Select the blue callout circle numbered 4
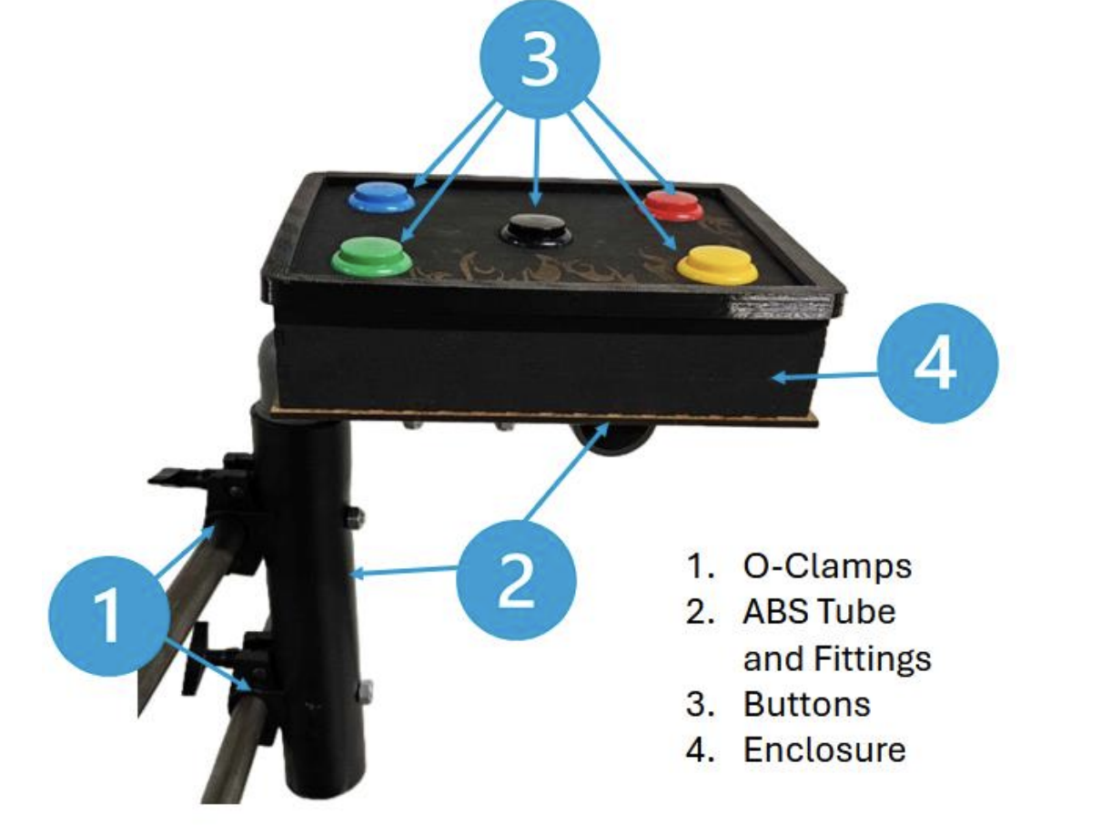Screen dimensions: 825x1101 pos(937,363)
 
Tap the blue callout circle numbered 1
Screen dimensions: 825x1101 pos(107,613)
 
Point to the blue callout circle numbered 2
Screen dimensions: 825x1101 pos(516,579)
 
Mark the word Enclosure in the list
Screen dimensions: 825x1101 pos(824,749)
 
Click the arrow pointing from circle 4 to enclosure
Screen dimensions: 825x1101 pos(824,373)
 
